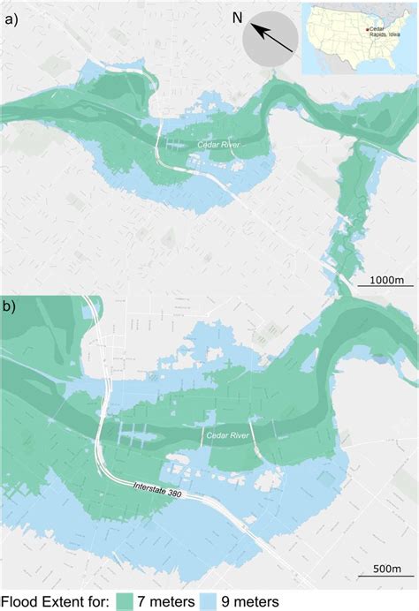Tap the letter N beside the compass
237,18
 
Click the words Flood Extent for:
55,600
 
